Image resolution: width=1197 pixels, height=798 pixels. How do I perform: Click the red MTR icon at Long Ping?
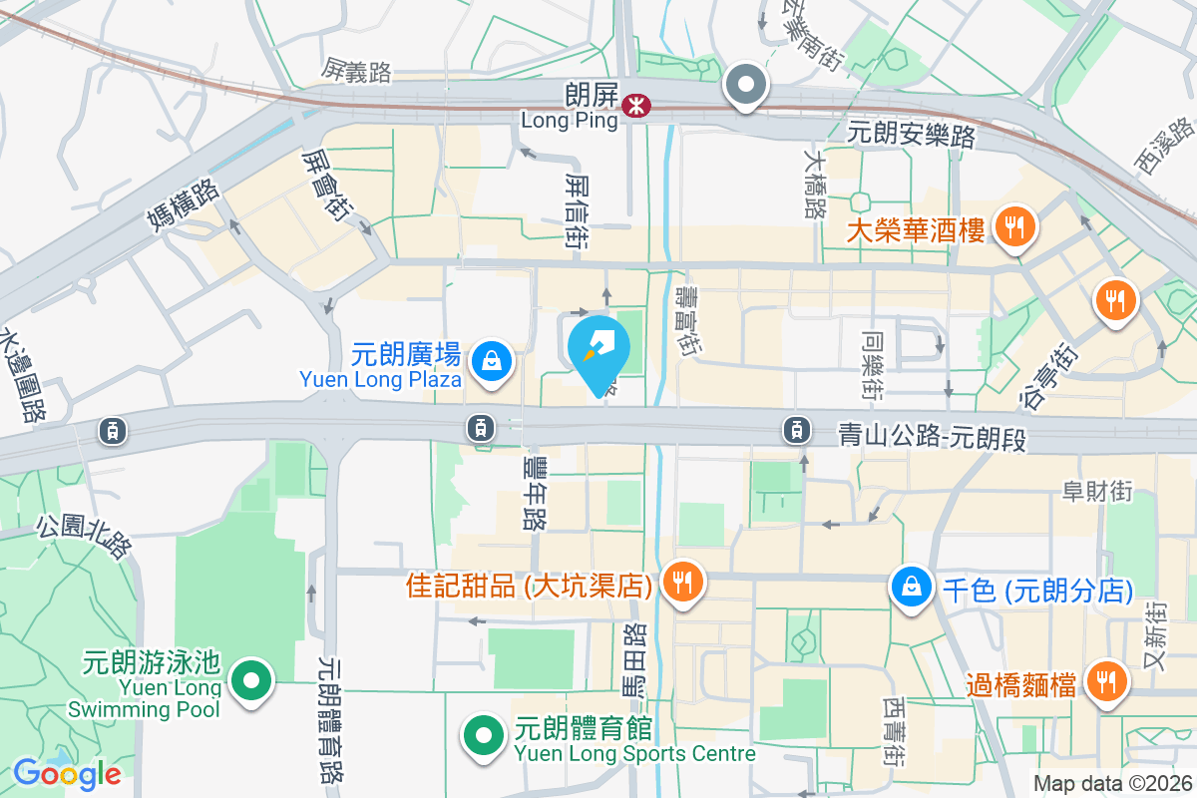(x=633, y=104)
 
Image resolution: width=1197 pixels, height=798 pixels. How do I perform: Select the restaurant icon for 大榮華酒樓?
(x=1014, y=227)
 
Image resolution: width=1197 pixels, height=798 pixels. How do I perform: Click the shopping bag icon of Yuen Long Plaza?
(x=491, y=362)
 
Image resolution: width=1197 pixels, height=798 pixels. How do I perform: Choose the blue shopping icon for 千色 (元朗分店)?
(x=912, y=587)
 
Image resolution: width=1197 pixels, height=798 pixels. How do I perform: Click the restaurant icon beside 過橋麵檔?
(x=1104, y=682)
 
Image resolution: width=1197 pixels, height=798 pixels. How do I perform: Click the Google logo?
(x=68, y=773)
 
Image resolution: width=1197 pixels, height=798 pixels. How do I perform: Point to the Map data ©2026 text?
(x=1112, y=783)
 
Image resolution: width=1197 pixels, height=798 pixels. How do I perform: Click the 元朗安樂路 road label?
(x=911, y=134)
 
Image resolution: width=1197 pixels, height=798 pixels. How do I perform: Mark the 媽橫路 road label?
(x=182, y=212)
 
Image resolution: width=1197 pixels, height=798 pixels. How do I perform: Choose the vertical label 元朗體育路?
(x=331, y=718)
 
